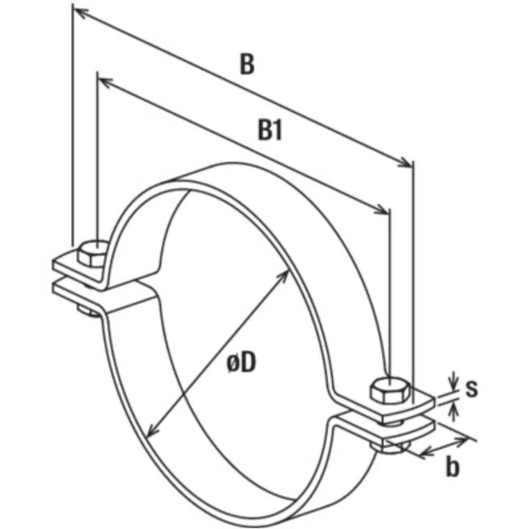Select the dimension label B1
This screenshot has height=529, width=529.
[x=270, y=131]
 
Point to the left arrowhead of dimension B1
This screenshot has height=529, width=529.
[x=104, y=81]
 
